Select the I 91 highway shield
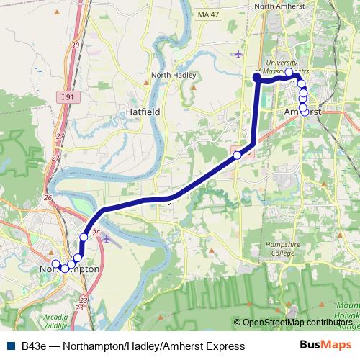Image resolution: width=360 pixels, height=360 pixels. (x=66, y=96)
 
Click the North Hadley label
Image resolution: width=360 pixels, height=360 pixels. (x=170, y=74)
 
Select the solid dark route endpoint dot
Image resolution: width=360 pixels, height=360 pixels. (x=257, y=77)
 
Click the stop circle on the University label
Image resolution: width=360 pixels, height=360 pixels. (x=289, y=72)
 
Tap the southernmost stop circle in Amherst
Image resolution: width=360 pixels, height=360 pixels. (x=304, y=111)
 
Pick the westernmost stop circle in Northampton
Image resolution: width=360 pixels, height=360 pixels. (x=55, y=264)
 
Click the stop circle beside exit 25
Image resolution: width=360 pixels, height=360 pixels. (x=84, y=237)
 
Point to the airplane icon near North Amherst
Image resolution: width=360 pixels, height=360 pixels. (x=238, y=53)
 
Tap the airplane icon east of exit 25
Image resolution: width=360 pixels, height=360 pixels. (x=107, y=238)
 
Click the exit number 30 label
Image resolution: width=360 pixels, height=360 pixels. (x=76, y=45)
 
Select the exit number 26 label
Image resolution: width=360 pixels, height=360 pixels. (x=48, y=197)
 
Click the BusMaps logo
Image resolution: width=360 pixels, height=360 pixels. (x=330, y=346)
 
